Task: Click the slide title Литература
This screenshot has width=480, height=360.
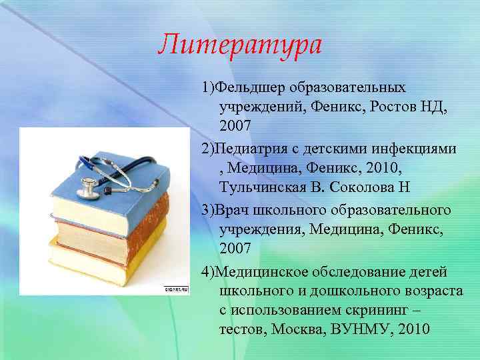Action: coord(239,45)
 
